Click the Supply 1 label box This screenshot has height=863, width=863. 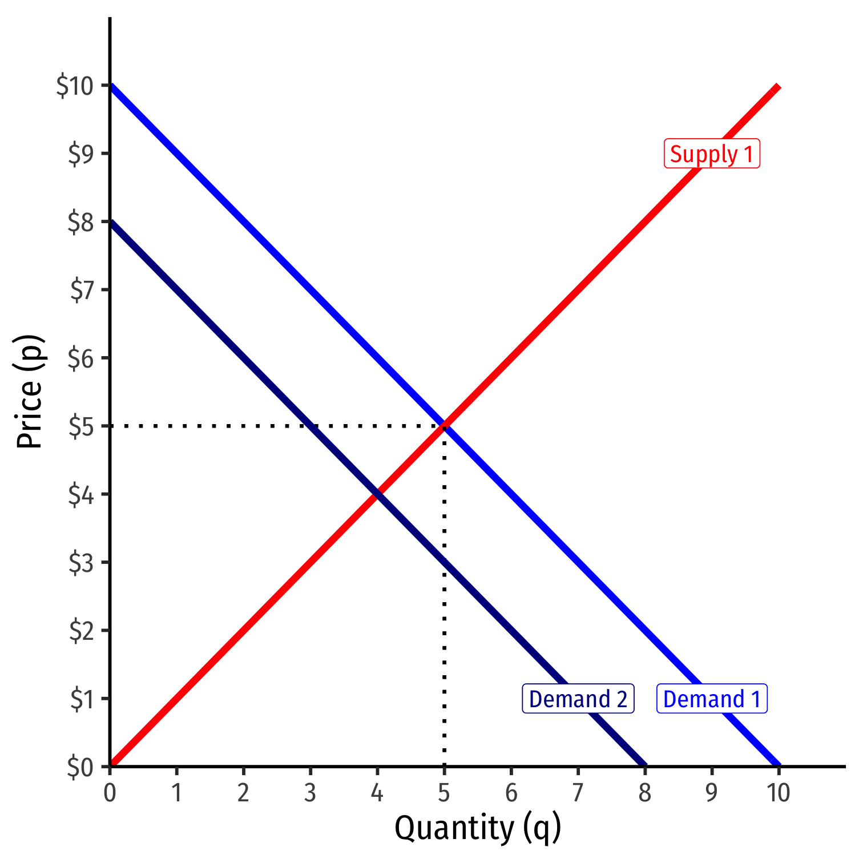pos(712,154)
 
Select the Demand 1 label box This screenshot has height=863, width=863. pos(712,699)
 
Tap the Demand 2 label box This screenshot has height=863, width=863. pos(578,699)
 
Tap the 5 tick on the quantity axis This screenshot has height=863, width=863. pos(444,793)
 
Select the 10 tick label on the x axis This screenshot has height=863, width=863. pos(778,793)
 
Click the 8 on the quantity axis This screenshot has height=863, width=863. pos(645,793)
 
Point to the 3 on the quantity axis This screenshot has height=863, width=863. pos(310,793)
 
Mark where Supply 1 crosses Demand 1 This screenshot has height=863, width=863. pos(444,426)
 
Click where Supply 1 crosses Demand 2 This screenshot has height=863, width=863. pos(377,494)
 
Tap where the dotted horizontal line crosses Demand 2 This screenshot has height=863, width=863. pos(310,426)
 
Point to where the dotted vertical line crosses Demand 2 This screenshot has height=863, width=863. pos(444,562)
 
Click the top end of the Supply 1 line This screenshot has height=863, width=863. pos(778,86)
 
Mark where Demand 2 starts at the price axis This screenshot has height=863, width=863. pos(111,222)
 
